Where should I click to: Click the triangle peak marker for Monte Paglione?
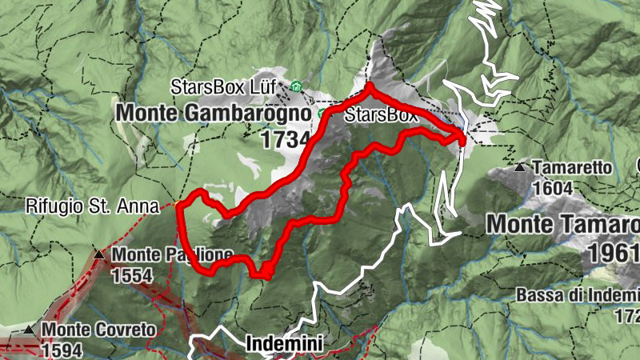pyautogui.click(x=98, y=255)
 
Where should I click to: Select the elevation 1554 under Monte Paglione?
pyautogui.click(x=134, y=274)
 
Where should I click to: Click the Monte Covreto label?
pyautogui.click(x=100, y=329)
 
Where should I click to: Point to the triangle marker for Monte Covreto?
pyautogui.click(x=29, y=329)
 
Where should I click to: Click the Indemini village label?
pyautogui.click(x=285, y=345)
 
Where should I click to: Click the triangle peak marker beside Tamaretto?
pyautogui.click(x=521, y=168)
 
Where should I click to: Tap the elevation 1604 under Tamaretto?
pyautogui.click(x=551, y=188)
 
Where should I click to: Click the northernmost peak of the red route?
pyautogui.click(x=370, y=85)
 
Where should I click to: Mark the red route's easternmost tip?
pyautogui.click(x=464, y=139)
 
